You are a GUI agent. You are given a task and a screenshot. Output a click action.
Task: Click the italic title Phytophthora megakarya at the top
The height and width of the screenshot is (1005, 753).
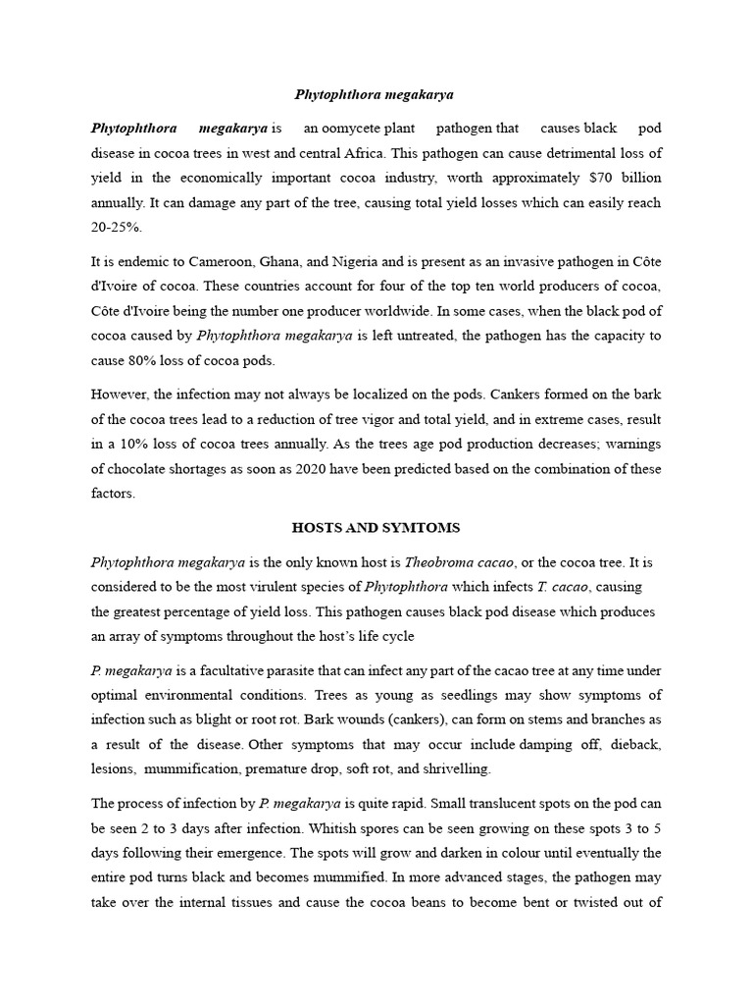[x=376, y=95]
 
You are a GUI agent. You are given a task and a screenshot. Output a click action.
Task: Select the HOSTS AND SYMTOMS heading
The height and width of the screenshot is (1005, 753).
[x=376, y=528]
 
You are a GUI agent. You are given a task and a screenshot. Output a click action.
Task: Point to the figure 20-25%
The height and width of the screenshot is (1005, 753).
[x=117, y=228]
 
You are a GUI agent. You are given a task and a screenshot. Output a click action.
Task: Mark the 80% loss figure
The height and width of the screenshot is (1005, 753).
[x=148, y=360]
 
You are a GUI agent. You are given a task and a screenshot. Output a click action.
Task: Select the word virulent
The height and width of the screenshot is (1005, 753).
[x=280, y=587]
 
